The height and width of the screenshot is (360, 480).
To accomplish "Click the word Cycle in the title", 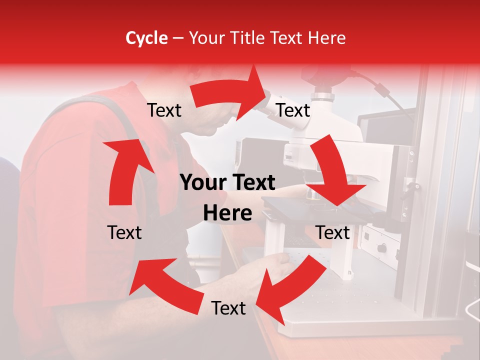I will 146,38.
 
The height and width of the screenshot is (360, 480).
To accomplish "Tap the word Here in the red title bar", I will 326,38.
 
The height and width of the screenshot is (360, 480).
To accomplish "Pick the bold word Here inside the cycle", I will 227,213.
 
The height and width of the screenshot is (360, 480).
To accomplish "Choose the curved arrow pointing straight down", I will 333,175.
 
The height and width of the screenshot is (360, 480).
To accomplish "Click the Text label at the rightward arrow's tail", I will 164,110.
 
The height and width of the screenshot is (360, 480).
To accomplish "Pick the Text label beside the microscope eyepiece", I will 293,110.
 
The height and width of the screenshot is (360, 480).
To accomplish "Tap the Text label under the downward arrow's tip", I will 332,232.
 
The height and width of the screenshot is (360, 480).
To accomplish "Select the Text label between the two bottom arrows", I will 228,308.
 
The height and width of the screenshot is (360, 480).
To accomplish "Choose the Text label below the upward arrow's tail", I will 124,232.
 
